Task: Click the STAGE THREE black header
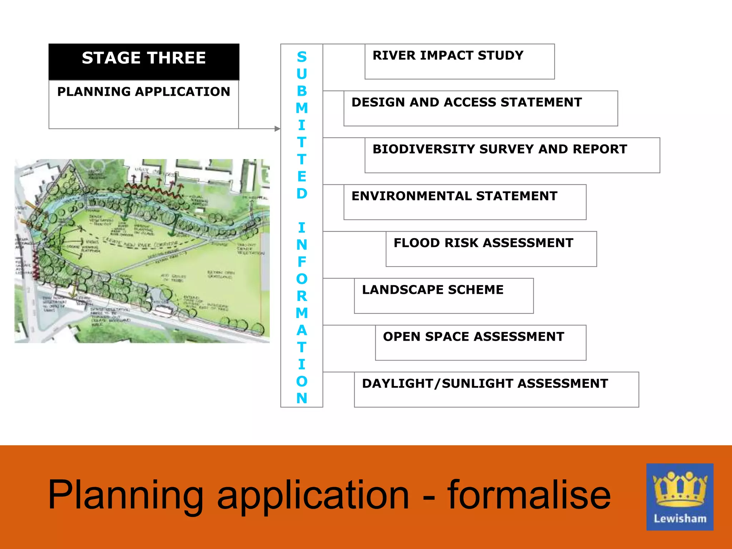[x=144, y=61]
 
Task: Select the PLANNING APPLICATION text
[x=144, y=92]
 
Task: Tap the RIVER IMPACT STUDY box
[x=459, y=61]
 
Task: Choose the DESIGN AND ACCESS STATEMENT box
[x=480, y=108]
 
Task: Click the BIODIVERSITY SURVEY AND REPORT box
[x=512, y=155]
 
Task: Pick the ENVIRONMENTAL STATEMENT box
[x=465, y=202]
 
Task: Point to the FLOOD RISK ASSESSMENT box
[x=491, y=249]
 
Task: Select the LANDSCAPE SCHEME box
[x=444, y=296]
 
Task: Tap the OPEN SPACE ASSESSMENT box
[x=480, y=342]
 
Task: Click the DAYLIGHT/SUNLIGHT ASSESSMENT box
[x=496, y=389]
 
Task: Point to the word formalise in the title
[x=529, y=495]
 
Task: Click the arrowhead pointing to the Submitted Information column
[x=277, y=129]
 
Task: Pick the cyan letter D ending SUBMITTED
[x=302, y=194]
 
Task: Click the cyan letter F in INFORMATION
[x=302, y=262]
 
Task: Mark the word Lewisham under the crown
[x=680, y=519]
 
